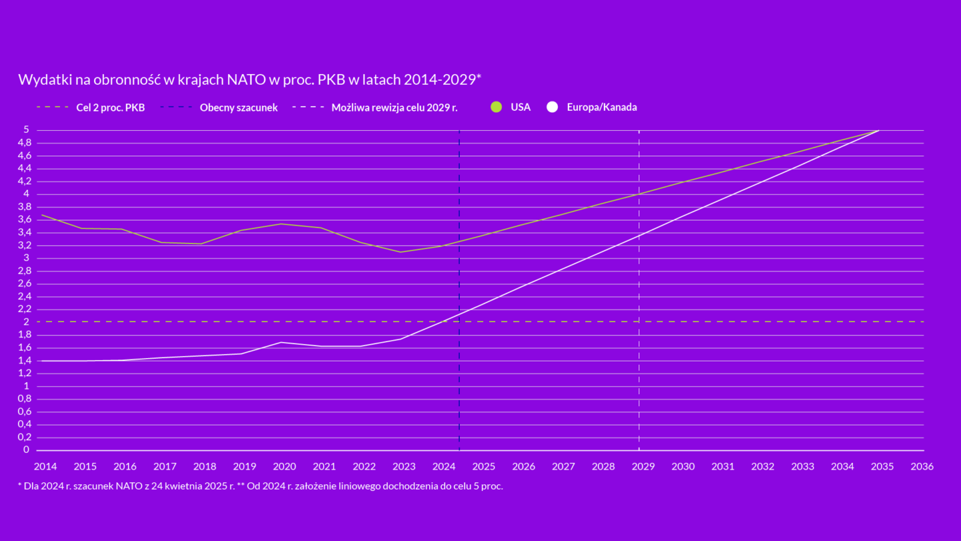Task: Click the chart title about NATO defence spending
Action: [x=250, y=80]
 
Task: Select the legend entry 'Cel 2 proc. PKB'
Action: [x=110, y=108]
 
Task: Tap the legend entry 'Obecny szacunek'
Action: [x=238, y=108]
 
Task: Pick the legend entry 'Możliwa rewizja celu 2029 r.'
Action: [x=394, y=108]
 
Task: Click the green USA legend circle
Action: [x=496, y=107]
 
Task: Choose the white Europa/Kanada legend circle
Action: [x=552, y=107]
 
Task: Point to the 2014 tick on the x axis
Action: [x=45, y=466]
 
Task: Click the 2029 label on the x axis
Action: [x=643, y=466]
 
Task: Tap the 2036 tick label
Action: [x=922, y=466]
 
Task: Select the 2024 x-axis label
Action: [x=444, y=466]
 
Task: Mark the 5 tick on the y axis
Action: [x=27, y=130]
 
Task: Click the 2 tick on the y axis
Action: [x=27, y=322]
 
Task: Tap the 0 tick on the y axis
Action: [x=27, y=450]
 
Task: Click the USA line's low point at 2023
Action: [x=400, y=252]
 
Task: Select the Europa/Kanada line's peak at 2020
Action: [x=281, y=342]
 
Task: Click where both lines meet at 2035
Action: [x=879, y=130]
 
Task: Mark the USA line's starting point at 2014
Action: [x=42, y=215]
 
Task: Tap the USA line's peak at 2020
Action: [x=281, y=224]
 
